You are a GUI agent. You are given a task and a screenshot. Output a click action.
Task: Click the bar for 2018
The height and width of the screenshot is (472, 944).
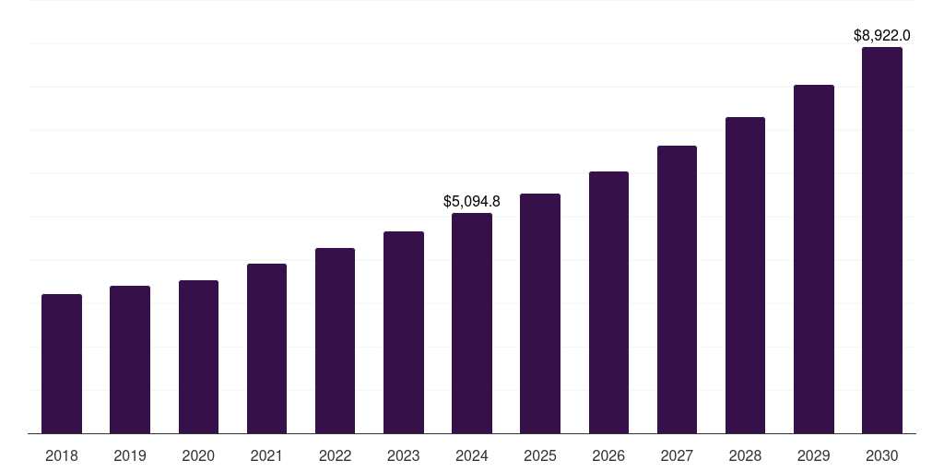tap(62, 364)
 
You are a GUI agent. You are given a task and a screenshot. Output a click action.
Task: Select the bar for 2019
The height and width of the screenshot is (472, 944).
tap(130, 360)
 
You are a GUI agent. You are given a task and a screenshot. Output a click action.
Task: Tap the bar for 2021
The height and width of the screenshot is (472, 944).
tap(266, 348)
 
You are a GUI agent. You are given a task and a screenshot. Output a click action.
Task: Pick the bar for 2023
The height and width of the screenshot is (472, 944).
tap(404, 333)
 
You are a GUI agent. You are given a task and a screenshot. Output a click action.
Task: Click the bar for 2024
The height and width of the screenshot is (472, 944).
tap(472, 324)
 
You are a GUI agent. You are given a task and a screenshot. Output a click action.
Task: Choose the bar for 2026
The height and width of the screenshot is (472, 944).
tap(608, 302)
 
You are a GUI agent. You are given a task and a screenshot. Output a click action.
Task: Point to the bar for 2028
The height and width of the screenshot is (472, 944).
tap(745, 276)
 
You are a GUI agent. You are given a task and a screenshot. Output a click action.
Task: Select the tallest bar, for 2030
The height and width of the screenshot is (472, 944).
tap(882, 241)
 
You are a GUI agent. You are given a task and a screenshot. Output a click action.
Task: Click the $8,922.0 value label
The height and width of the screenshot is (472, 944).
tap(882, 36)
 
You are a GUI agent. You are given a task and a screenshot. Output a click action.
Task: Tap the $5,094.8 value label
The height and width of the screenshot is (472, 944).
tap(472, 201)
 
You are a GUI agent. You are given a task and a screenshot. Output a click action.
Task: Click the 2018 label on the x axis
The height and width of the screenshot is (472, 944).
tap(62, 455)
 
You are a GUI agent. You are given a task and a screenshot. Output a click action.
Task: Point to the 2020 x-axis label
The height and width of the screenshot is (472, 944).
tap(198, 455)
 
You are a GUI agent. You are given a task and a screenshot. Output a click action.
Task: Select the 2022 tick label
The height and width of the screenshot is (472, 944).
tap(336, 455)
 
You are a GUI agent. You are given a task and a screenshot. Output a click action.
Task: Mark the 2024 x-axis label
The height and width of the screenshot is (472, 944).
tap(472, 455)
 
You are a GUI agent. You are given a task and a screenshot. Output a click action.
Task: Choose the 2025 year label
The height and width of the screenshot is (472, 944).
tap(540, 455)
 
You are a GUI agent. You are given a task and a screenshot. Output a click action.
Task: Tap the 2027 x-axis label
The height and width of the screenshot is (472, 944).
tap(677, 455)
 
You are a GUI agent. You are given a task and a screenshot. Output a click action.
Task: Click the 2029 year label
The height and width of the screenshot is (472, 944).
tap(814, 455)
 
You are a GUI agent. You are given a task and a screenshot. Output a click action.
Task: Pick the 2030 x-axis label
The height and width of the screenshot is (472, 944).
tap(882, 455)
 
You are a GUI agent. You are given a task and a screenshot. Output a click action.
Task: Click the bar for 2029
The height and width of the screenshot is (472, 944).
tap(814, 259)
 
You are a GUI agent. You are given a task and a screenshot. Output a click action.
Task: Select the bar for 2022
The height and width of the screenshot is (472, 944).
tap(336, 341)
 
